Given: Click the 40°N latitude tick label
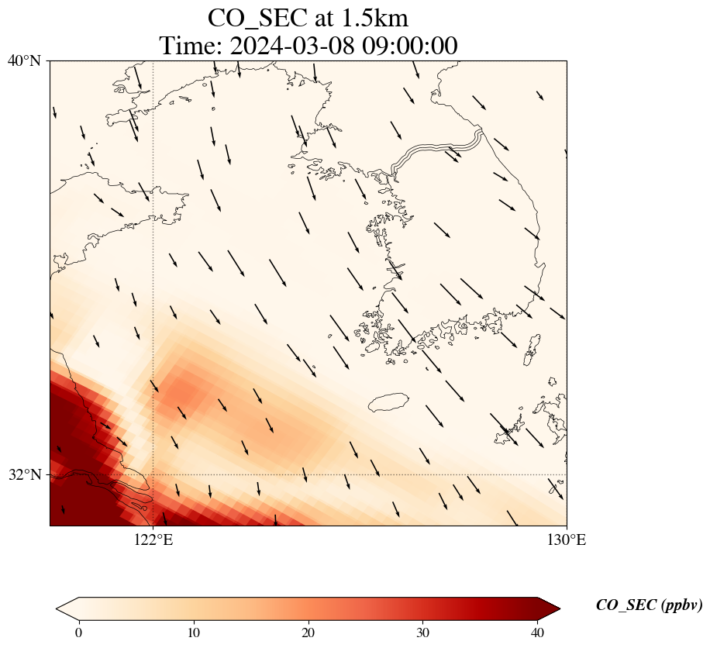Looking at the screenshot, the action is (x=24, y=60).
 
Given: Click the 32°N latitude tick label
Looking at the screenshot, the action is (x=24, y=474).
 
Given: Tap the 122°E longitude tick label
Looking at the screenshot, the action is (x=153, y=539).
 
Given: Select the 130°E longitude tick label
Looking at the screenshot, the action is (x=567, y=539).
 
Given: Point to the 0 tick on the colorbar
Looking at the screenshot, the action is (x=79, y=632).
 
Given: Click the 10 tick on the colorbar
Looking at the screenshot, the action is (x=193, y=632).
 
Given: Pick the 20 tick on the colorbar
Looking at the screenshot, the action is (x=308, y=632).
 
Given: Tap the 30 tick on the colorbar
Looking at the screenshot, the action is (x=422, y=632).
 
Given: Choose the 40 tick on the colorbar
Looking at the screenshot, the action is (x=537, y=632).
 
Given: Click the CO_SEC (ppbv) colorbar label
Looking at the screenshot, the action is (x=650, y=605).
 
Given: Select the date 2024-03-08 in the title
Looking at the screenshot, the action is (x=292, y=46).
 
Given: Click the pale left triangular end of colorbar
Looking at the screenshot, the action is (x=67, y=608).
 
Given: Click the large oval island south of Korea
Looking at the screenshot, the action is (x=389, y=402).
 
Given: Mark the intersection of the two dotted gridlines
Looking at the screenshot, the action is (x=153, y=474).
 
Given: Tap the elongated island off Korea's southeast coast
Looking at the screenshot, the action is (x=532, y=350).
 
